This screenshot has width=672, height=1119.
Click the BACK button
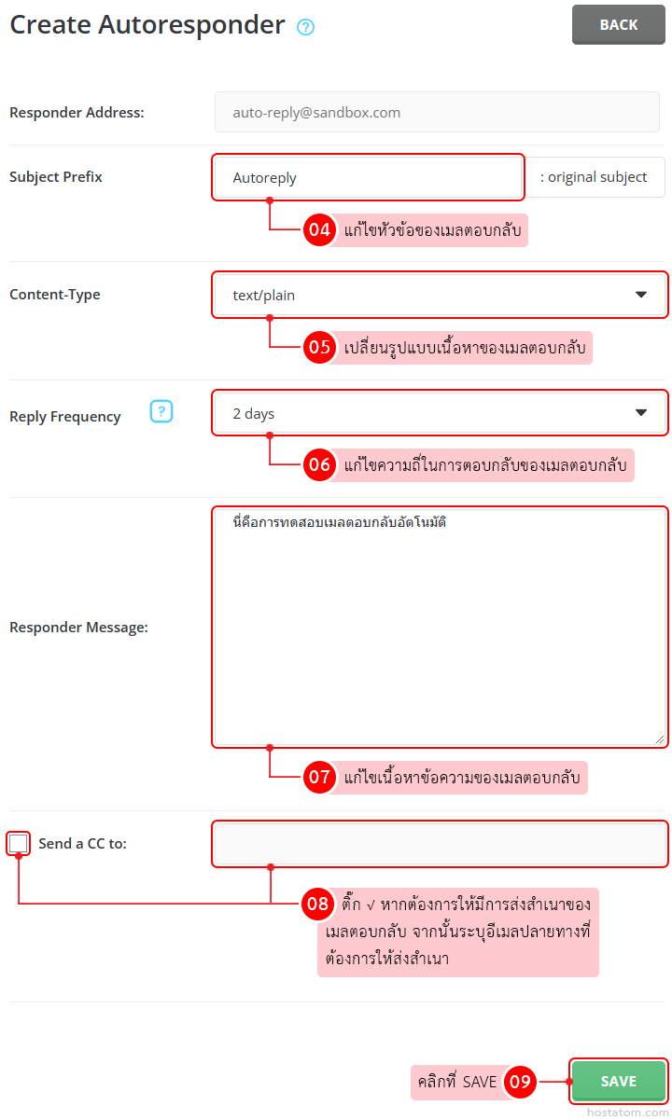(618, 25)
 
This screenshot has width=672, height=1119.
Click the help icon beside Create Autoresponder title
(305, 27)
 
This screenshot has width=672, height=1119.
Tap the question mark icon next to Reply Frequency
(161, 411)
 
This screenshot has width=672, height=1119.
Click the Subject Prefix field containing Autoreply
(368, 177)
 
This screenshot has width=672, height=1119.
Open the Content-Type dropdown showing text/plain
(440, 295)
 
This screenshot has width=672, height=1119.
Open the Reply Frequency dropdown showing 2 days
(440, 413)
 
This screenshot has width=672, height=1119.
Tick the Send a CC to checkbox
(19, 844)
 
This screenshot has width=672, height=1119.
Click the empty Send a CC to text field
(440, 844)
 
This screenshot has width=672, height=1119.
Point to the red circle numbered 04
(320, 230)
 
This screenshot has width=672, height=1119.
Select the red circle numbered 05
(320, 348)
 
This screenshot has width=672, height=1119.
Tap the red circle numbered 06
(320, 464)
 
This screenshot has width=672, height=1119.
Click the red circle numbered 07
(320, 777)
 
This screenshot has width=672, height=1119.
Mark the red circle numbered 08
(318, 904)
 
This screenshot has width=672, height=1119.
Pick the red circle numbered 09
(520, 1082)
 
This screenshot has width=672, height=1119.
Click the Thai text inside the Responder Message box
(339, 522)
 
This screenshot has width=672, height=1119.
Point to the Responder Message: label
(78, 628)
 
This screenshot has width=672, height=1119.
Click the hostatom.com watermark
(627, 1112)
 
